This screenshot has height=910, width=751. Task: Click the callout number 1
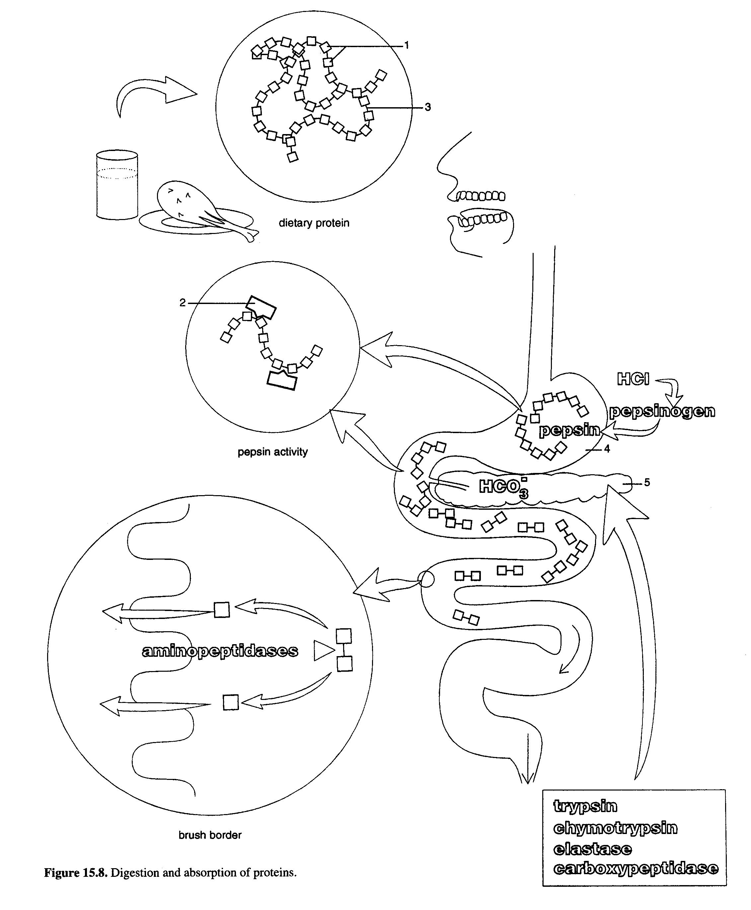click(x=406, y=45)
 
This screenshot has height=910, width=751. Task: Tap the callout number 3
click(x=427, y=107)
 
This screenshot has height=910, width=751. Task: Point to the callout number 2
click(x=183, y=303)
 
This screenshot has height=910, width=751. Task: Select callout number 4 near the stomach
click(x=607, y=449)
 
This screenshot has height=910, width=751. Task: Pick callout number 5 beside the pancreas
click(x=647, y=482)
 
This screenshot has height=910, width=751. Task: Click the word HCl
click(x=633, y=380)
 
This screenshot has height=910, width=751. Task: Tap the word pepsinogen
click(x=662, y=411)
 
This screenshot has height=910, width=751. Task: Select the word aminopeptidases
click(x=220, y=651)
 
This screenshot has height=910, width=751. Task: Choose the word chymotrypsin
click(x=615, y=828)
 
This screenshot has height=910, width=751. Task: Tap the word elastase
click(x=592, y=849)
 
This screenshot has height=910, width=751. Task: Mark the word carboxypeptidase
click(x=636, y=869)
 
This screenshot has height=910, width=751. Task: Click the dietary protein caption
click(x=314, y=223)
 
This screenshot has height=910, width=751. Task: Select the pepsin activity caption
click(x=272, y=452)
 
